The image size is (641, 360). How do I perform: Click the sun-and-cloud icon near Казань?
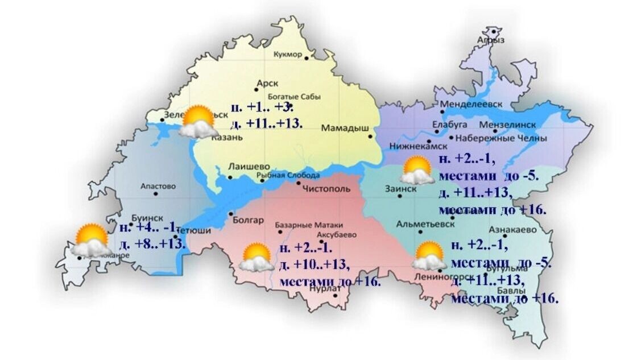click(x=195, y=121)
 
